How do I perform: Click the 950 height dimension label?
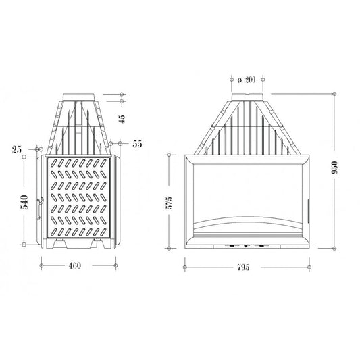[335, 168]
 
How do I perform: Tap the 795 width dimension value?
[243, 267]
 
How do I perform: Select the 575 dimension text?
[169, 203]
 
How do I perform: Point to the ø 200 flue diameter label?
[247, 80]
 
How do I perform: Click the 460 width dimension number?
[74, 266]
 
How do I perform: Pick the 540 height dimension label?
[24, 202]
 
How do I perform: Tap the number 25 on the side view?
[16, 149]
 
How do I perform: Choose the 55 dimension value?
[137, 144]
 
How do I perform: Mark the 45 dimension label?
[122, 119]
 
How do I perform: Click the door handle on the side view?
[39, 208]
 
